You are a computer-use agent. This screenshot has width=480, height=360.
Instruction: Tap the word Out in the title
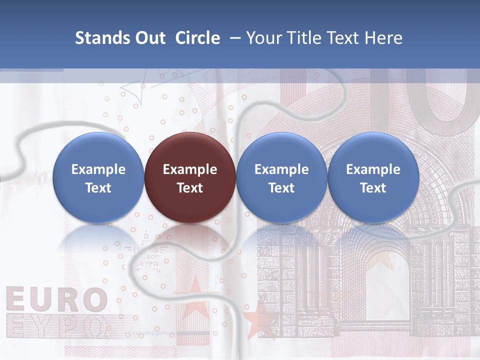(148, 38)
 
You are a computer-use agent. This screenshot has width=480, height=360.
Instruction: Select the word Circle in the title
(197, 38)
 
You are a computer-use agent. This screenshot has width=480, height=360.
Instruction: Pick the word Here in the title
(383, 38)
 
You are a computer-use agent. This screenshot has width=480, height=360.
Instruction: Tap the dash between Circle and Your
(233, 38)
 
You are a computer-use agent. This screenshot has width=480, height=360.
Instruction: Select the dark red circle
(190, 177)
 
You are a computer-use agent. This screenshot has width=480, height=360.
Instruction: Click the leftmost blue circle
(98, 177)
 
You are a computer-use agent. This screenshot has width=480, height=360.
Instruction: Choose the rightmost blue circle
(373, 177)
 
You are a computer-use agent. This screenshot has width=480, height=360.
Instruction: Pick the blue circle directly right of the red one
(281, 177)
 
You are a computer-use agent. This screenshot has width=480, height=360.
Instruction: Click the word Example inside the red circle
(190, 169)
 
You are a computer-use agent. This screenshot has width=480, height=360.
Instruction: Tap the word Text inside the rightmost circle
(373, 188)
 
